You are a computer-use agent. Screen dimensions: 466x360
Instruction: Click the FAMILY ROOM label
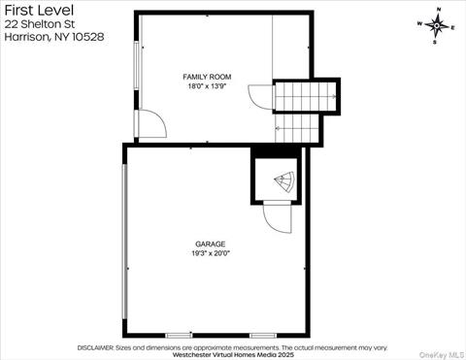point(207,77)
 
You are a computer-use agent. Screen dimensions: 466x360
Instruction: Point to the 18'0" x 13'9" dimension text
point(207,86)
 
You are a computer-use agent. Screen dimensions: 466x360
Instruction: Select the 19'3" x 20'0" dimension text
point(211,253)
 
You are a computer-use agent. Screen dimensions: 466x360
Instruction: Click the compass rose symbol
point(437,25)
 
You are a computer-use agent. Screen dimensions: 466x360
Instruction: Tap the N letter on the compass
point(439,10)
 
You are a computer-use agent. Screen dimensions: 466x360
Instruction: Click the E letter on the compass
point(453,28)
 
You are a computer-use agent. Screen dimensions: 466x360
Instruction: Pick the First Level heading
point(39,11)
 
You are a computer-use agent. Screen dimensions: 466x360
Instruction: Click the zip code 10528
point(88,37)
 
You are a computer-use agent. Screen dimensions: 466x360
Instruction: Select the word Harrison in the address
point(27,37)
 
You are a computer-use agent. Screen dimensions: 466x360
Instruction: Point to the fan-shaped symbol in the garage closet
point(284,181)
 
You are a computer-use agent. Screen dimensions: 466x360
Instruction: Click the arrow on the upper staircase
point(333,96)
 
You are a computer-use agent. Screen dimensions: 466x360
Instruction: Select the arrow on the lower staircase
point(278,128)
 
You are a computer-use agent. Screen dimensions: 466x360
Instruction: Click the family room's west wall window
point(137,66)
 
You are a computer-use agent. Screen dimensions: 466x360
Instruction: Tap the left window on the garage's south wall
point(179,336)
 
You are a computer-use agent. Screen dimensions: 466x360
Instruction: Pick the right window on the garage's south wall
point(263,336)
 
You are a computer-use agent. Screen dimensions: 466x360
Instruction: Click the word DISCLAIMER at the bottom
point(95,347)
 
